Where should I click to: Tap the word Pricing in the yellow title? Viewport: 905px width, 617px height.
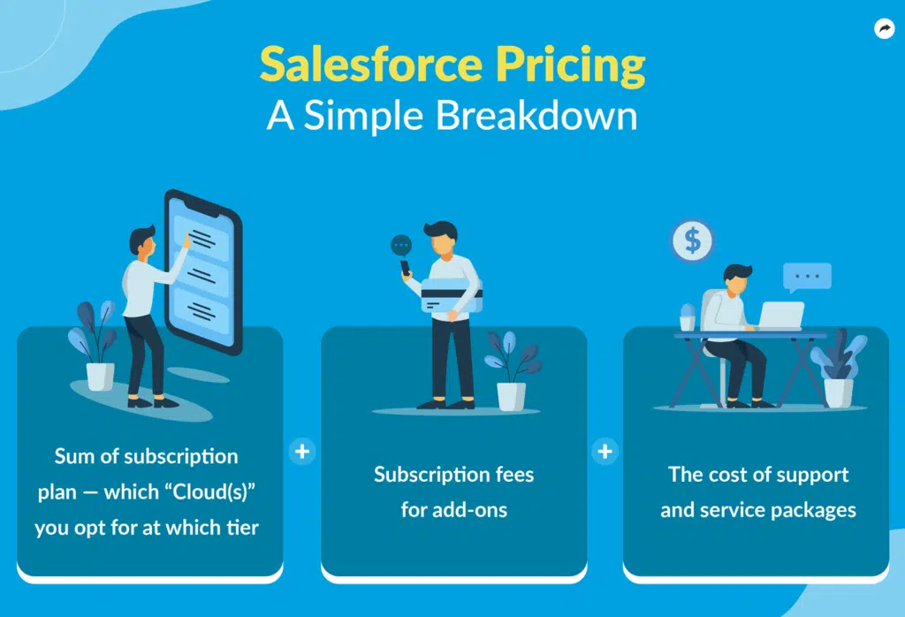(570, 66)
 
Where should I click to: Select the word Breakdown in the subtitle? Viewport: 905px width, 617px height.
(536, 115)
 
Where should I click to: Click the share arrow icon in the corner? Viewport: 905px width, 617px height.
(884, 28)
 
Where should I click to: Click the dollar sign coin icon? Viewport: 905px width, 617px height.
(692, 240)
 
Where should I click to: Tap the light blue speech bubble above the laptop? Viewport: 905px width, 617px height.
(807, 277)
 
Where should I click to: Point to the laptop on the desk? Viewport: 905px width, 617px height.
(780, 316)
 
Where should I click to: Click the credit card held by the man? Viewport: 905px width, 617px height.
(452, 295)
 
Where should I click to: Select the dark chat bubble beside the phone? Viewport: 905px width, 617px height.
(401, 246)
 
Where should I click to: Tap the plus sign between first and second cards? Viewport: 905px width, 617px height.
(302, 452)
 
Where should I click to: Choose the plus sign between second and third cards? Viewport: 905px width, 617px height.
(605, 452)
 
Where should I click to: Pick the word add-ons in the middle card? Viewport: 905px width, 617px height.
(470, 510)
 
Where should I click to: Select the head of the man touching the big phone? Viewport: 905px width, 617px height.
(142, 240)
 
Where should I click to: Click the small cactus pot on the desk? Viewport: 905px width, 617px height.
(688, 317)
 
